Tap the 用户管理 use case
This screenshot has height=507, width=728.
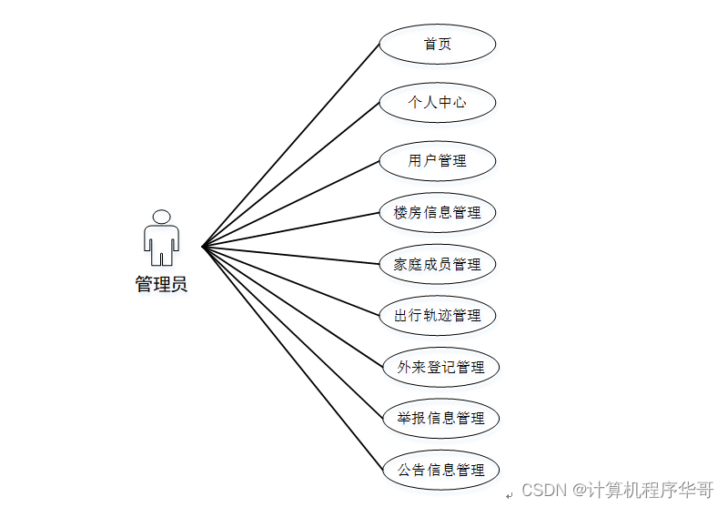point(437,161)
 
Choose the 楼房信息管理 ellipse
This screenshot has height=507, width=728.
point(437,213)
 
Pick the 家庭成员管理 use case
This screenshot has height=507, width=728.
point(437,265)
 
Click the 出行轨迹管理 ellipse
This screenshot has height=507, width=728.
point(437,316)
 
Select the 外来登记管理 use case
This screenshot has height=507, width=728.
point(440,368)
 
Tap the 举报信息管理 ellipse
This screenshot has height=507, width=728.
point(440,419)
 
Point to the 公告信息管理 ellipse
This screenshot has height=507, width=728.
point(440,471)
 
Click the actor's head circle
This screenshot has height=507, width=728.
point(161,217)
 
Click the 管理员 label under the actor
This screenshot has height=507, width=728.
point(161,284)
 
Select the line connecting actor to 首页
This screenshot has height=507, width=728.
point(291,145)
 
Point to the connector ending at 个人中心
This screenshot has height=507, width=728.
point(291,174)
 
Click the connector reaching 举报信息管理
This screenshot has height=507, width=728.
point(291,331)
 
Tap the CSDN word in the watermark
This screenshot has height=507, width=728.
point(544,490)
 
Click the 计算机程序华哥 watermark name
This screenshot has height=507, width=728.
point(650,490)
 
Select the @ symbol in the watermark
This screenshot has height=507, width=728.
point(578,490)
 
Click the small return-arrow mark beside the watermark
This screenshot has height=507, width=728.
point(509,494)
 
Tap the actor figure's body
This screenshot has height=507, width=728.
point(161,242)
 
